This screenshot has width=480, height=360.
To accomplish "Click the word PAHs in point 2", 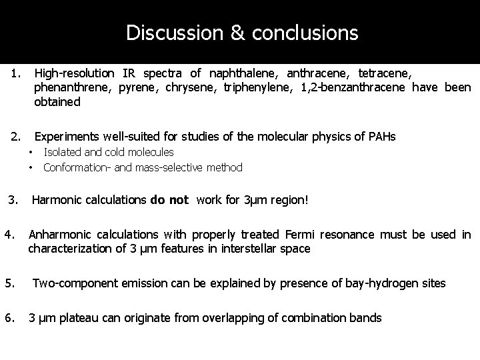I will (x=381, y=137).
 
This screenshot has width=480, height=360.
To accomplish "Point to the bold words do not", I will (x=169, y=199).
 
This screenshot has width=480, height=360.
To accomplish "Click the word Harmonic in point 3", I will (x=57, y=199).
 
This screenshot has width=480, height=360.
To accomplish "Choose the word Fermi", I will (x=302, y=234).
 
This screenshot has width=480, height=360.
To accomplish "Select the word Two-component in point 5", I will (x=73, y=283).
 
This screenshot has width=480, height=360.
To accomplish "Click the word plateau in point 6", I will (x=65, y=318).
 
